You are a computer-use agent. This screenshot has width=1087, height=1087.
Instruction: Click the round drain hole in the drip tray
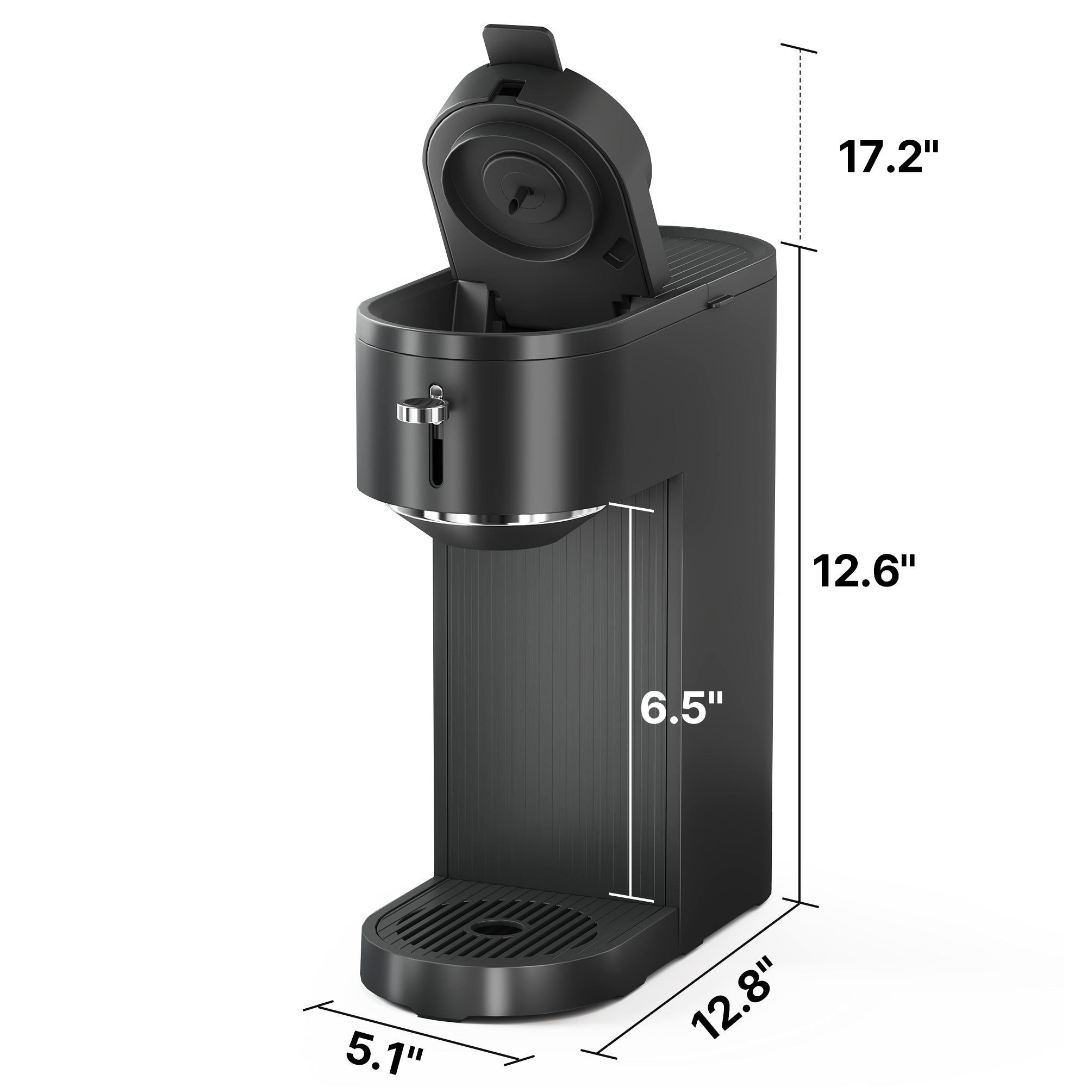pyautogui.click(x=487, y=926)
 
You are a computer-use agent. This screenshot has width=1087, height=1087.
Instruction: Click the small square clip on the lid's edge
pyautogui.click(x=617, y=252)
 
